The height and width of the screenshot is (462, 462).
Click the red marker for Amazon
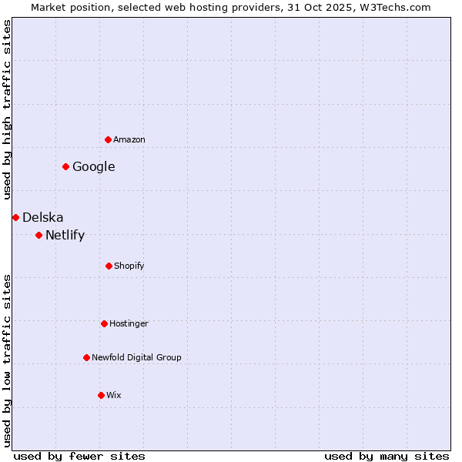tap(108, 139)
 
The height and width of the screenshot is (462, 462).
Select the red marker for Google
tap(65, 166)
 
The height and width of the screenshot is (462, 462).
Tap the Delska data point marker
tap(15, 217)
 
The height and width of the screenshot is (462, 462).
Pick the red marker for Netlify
tap(38, 235)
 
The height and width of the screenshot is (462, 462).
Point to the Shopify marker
tap(109, 266)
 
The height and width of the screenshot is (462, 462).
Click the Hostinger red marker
tap(104, 323)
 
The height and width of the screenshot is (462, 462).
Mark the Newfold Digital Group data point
tap(86, 357)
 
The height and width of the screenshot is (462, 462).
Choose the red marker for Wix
tap(101, 395)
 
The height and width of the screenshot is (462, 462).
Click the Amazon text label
tap(129, 139)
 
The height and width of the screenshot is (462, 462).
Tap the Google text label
tap(94, 166)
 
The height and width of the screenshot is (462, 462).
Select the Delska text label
tap(43, 217)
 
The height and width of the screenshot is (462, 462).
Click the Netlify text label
tap(65, 235)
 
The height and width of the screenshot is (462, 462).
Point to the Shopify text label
tap(129, 266)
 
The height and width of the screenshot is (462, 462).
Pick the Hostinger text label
tap(129, 323)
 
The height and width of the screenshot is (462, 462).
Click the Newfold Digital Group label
tap(137, 357)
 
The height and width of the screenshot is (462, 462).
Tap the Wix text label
tap(114, 395)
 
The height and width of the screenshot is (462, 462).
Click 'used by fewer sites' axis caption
tap(79, 456)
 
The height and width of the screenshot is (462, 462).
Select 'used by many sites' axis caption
tap(387, 456)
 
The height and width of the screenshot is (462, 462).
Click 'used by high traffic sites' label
tap(7, 109)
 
